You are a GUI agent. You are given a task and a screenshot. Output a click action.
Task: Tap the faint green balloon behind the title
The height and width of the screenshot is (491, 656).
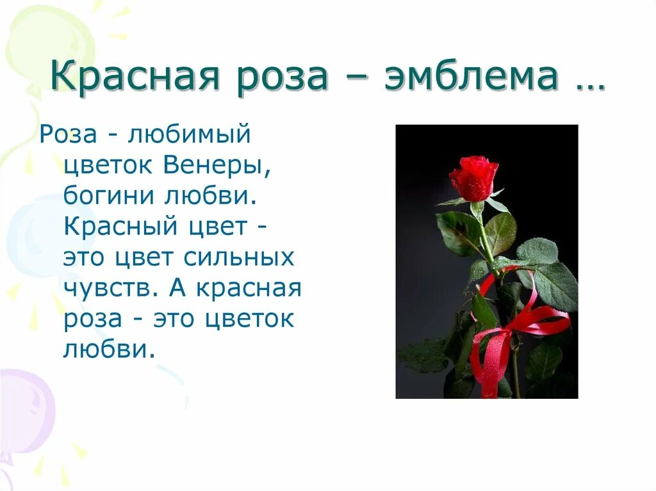pos(51,38)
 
